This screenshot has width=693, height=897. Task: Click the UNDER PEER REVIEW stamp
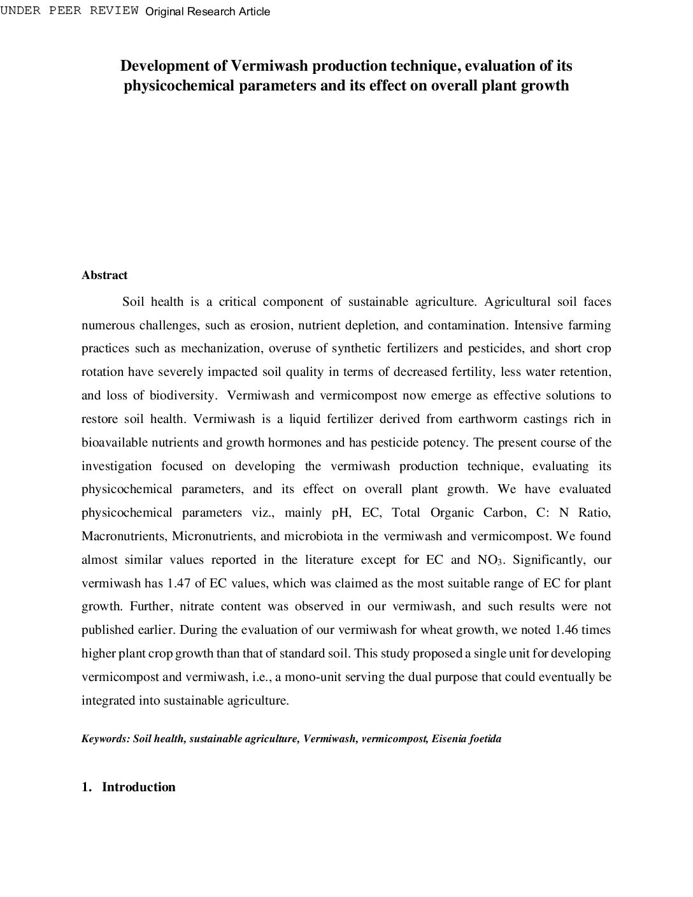coord(69,11)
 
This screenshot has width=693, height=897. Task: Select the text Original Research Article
coord(208,11)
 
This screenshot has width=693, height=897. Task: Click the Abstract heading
coord(104,275)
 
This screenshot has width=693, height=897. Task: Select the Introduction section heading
coord(138,787)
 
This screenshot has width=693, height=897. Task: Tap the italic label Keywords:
coord(106,739)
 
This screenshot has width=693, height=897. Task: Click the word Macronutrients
coord(123,536)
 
